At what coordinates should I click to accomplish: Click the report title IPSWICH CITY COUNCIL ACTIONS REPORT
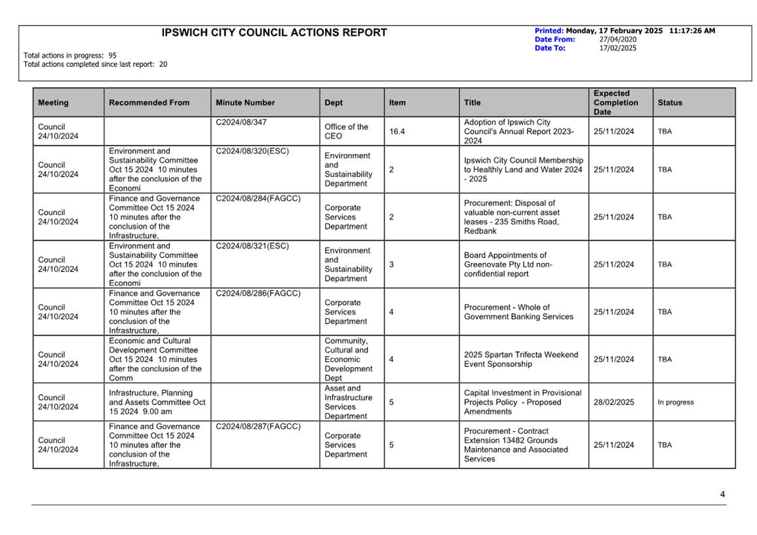tap(275, 33)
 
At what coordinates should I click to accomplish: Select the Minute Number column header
tap(245, 103)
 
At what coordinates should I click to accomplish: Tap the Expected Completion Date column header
tap(615, 103)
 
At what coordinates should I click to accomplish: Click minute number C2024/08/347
tap(241, 123)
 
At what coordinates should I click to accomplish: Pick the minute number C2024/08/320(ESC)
tap(252, 151)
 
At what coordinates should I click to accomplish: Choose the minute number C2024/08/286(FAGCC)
tap(258, 294)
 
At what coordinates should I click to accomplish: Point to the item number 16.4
tap(397, 132)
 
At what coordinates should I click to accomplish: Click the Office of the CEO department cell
tap(346, 132)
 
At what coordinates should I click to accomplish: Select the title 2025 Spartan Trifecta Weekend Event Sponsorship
tap(521, 359)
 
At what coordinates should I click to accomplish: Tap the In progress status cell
tap(675, 403)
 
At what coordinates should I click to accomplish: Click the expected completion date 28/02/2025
tap(613, 403)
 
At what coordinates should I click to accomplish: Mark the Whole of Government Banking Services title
tap(518, 312)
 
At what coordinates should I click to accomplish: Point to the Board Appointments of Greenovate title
tap(508, 265)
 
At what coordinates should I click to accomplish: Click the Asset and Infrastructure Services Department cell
tap(349, 403)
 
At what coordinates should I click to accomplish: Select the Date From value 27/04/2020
tap(617, 39)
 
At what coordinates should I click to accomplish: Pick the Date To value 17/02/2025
tap(617, 48)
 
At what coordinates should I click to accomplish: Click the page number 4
tap(722, 495)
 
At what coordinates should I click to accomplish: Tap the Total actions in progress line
tap(70, 56)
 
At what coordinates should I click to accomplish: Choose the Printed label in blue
tap(549, 31)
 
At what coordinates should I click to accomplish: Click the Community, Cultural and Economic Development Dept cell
tap(347, 359)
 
